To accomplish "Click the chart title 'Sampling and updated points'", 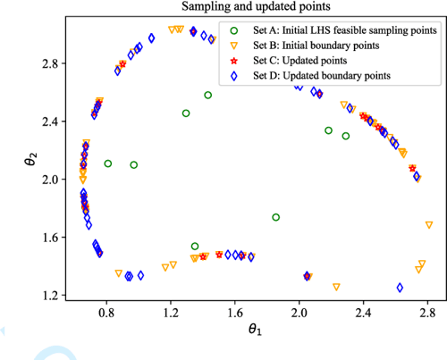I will click(x=252, y=8).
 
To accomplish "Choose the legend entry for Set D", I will click(x=330, y=77).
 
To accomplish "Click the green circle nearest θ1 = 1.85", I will click(x=276, y=217).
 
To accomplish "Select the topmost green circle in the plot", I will click(x=208, y=95).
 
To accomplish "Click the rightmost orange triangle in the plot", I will click(x=430, y=224).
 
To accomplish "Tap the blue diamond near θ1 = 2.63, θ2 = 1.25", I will click(x=400, y=288).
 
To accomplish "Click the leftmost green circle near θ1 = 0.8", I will click(x=108, y=163).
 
